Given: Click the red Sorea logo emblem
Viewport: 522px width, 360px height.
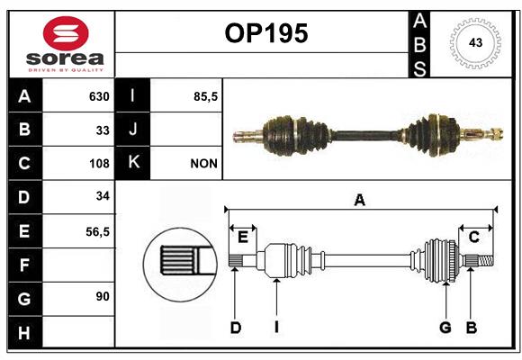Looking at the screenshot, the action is click(66, 33).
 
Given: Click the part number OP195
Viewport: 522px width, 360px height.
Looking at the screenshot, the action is click(266, 33).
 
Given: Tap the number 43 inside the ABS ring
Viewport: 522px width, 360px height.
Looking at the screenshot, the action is click(475, 42).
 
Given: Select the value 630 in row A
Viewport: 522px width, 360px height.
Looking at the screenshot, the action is click(99, 96).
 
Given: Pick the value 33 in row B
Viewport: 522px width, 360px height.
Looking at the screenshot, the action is click(103, 130).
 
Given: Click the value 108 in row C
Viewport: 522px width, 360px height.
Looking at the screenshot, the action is click(99, 164).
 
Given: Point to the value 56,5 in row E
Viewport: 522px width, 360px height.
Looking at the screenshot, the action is click(97, 232).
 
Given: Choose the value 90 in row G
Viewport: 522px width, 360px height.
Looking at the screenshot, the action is click(103, 296).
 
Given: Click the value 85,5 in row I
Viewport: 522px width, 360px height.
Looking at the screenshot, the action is click(205, 96).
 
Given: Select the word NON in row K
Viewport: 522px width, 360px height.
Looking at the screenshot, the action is click(203, 164).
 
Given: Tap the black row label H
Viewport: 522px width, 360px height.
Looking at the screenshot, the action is click(25, 332).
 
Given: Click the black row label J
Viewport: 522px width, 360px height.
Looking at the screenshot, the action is click(132, 130).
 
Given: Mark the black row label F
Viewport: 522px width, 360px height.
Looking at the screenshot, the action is click(25, 265).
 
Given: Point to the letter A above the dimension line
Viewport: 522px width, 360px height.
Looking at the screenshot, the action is click(359, 201).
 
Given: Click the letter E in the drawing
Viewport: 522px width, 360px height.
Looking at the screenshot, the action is click(243, 238).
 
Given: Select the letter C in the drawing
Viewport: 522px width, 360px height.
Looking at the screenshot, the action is click(473, 238).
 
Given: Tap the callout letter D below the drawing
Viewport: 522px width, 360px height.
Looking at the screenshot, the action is click(236, 328).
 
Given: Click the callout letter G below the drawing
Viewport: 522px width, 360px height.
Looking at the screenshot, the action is click(445, 328).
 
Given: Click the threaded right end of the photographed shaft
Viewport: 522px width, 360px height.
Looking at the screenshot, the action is click(496, 134).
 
